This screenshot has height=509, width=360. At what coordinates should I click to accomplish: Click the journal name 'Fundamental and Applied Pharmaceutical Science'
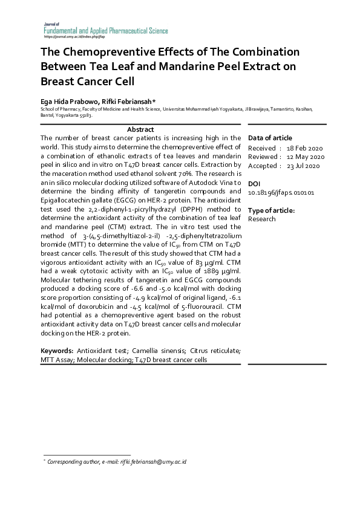coord(105,30)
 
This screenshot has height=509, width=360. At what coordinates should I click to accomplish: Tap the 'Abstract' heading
coord(140,129)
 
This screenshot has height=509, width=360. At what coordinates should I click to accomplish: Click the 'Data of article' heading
coord(270,138)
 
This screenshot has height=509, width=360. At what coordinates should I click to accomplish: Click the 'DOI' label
coord(254,183)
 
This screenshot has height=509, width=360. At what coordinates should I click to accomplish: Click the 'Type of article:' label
coord(272,210)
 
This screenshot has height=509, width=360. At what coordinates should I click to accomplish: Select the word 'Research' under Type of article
coord(261,219)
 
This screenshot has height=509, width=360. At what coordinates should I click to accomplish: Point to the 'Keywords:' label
coord(57,351)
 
